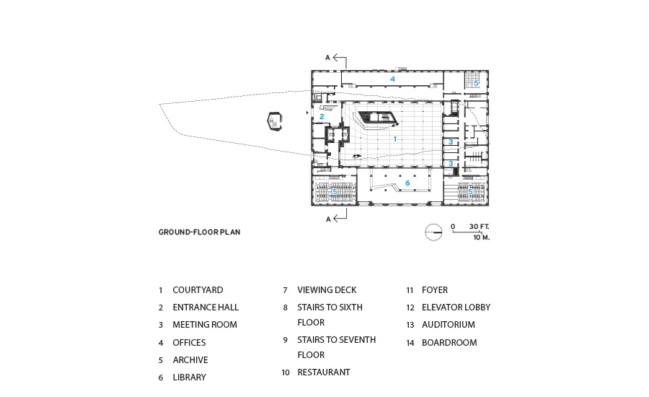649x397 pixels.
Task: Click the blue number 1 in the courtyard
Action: (x=395, y=139)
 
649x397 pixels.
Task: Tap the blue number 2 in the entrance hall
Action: (x=322, y=116)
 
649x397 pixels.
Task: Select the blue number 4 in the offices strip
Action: (x=392, y=79)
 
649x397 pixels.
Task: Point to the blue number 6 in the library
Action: (x=407, y=183)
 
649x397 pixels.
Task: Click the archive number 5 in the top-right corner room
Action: (x=476, y=83)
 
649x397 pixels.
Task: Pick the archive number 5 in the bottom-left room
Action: (x=335, y=192)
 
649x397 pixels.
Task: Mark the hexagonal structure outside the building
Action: (x=275, y=121)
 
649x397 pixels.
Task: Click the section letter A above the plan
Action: (x=327, y=58)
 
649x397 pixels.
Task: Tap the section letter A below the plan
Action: (x=328, y=219)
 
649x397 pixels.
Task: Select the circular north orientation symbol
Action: (x=433, y=232)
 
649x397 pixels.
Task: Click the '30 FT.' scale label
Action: (x=480, y=227)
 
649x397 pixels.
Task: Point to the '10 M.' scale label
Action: (x=482, y=237)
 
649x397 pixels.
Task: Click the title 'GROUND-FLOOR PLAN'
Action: (x=200, y=232)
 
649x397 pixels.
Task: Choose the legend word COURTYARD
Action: (x=198, y=290)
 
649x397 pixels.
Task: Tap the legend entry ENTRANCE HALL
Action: (x=206, y=307)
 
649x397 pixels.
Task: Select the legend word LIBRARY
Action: (x=190, y=378)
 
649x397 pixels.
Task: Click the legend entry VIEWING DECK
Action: (x=327, y=290)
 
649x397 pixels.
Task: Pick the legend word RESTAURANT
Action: (x=324, y=372)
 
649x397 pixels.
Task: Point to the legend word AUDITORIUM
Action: (x=449, y=325)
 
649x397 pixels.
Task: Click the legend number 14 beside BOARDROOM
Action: (x=410, y=343)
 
